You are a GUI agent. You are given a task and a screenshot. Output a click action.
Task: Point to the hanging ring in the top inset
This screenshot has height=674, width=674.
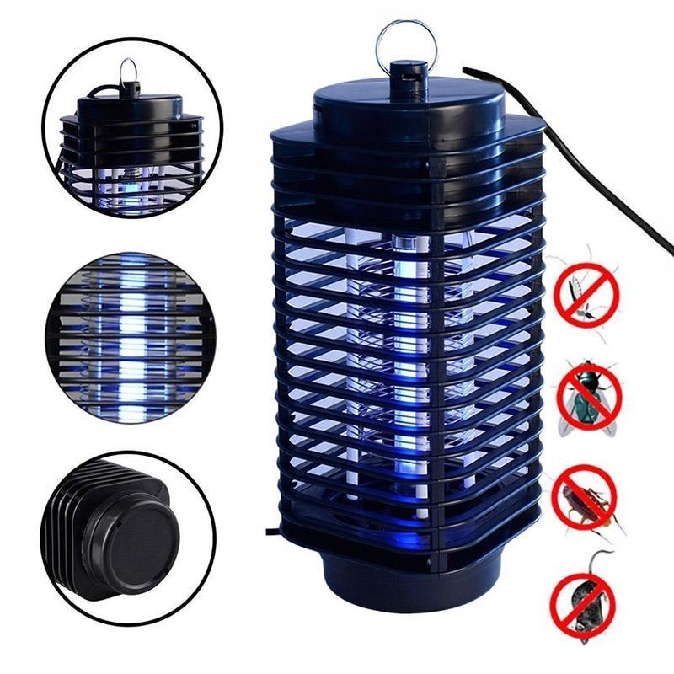click(x=128, y=71)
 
